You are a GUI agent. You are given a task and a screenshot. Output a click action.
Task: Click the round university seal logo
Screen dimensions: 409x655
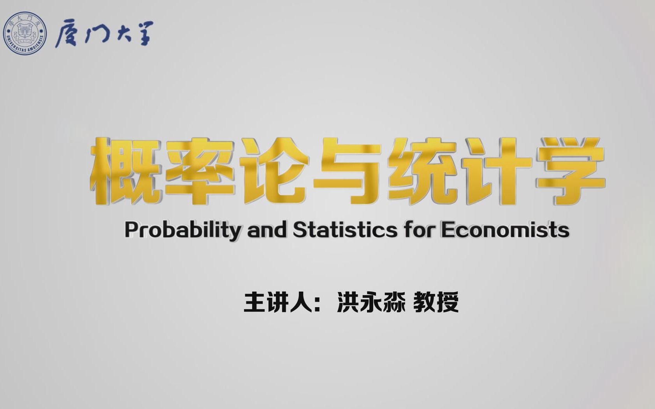pos(25,33)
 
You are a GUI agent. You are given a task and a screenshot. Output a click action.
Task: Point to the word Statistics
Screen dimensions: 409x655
pos(345,230)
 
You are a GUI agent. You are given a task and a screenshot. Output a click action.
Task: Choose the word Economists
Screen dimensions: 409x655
pos(505,230)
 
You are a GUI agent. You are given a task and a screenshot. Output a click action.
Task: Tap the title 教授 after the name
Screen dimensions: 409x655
pos(436,302)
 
